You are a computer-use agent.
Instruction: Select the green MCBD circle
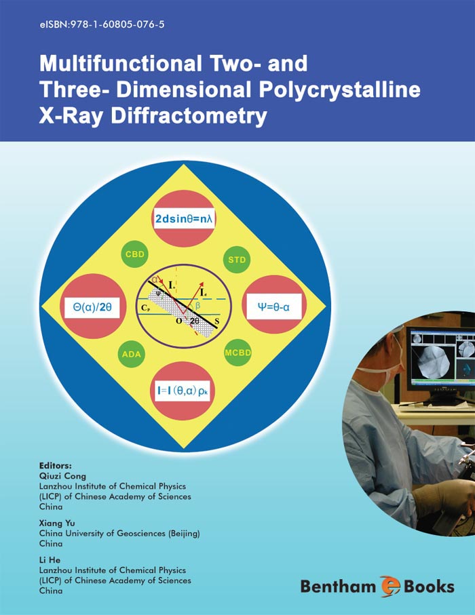(x=237, y=353)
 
